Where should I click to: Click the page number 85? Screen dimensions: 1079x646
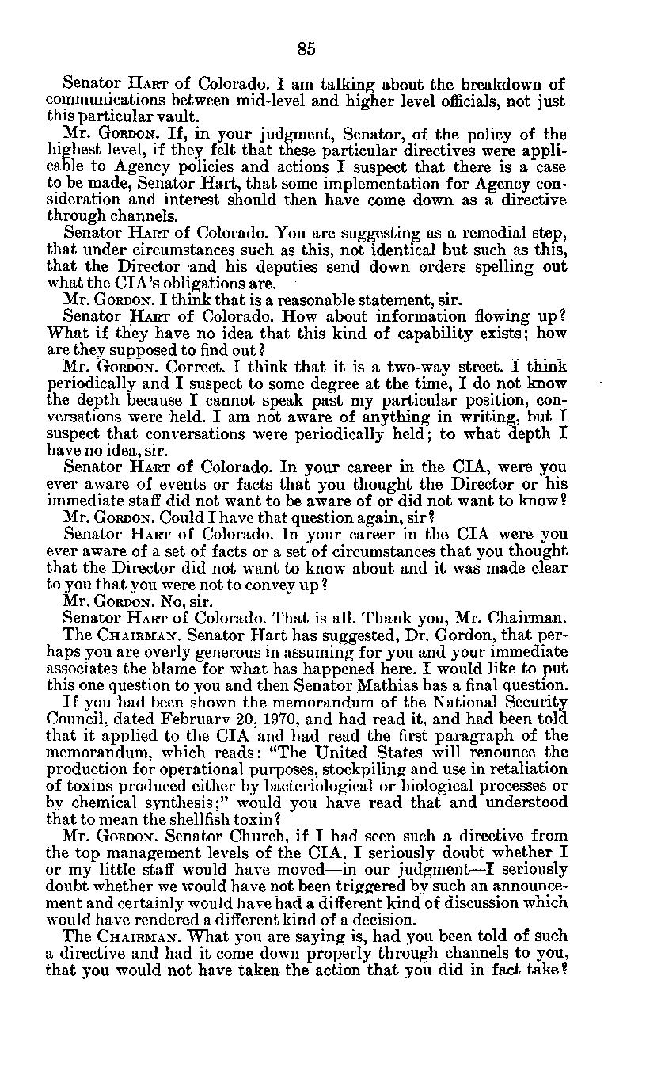pos(307,49)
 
